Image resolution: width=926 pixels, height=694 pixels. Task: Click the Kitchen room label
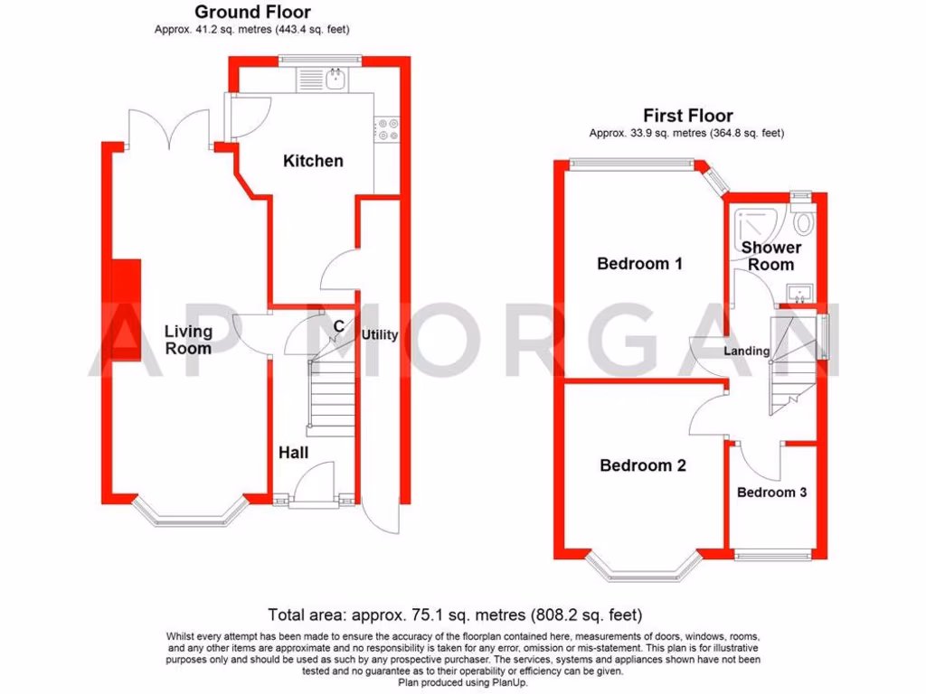(x=313, y=161)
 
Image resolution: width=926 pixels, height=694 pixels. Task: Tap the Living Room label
(x=188, y=340)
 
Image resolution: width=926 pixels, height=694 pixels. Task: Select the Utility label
(x=380, y=334)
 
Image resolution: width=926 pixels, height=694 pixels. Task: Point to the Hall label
(x=295, y=452)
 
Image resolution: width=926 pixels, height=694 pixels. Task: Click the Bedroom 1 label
(x=639, y=264)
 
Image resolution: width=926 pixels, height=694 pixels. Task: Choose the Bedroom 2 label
(x=643, y=465)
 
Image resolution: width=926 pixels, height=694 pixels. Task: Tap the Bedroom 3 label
(x=771, y=492)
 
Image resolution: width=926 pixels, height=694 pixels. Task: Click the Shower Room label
(x=770, y=256)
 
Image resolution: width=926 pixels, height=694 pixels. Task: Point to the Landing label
(x=747, y=351)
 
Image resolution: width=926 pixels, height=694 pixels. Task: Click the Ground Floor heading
(x=252, y=12)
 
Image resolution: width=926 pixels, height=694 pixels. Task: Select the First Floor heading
(x=687, y=115)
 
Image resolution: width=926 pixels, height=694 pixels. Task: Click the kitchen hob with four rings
(x=388, y=130)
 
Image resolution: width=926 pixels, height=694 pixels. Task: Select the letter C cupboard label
(x=337, y=326)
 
